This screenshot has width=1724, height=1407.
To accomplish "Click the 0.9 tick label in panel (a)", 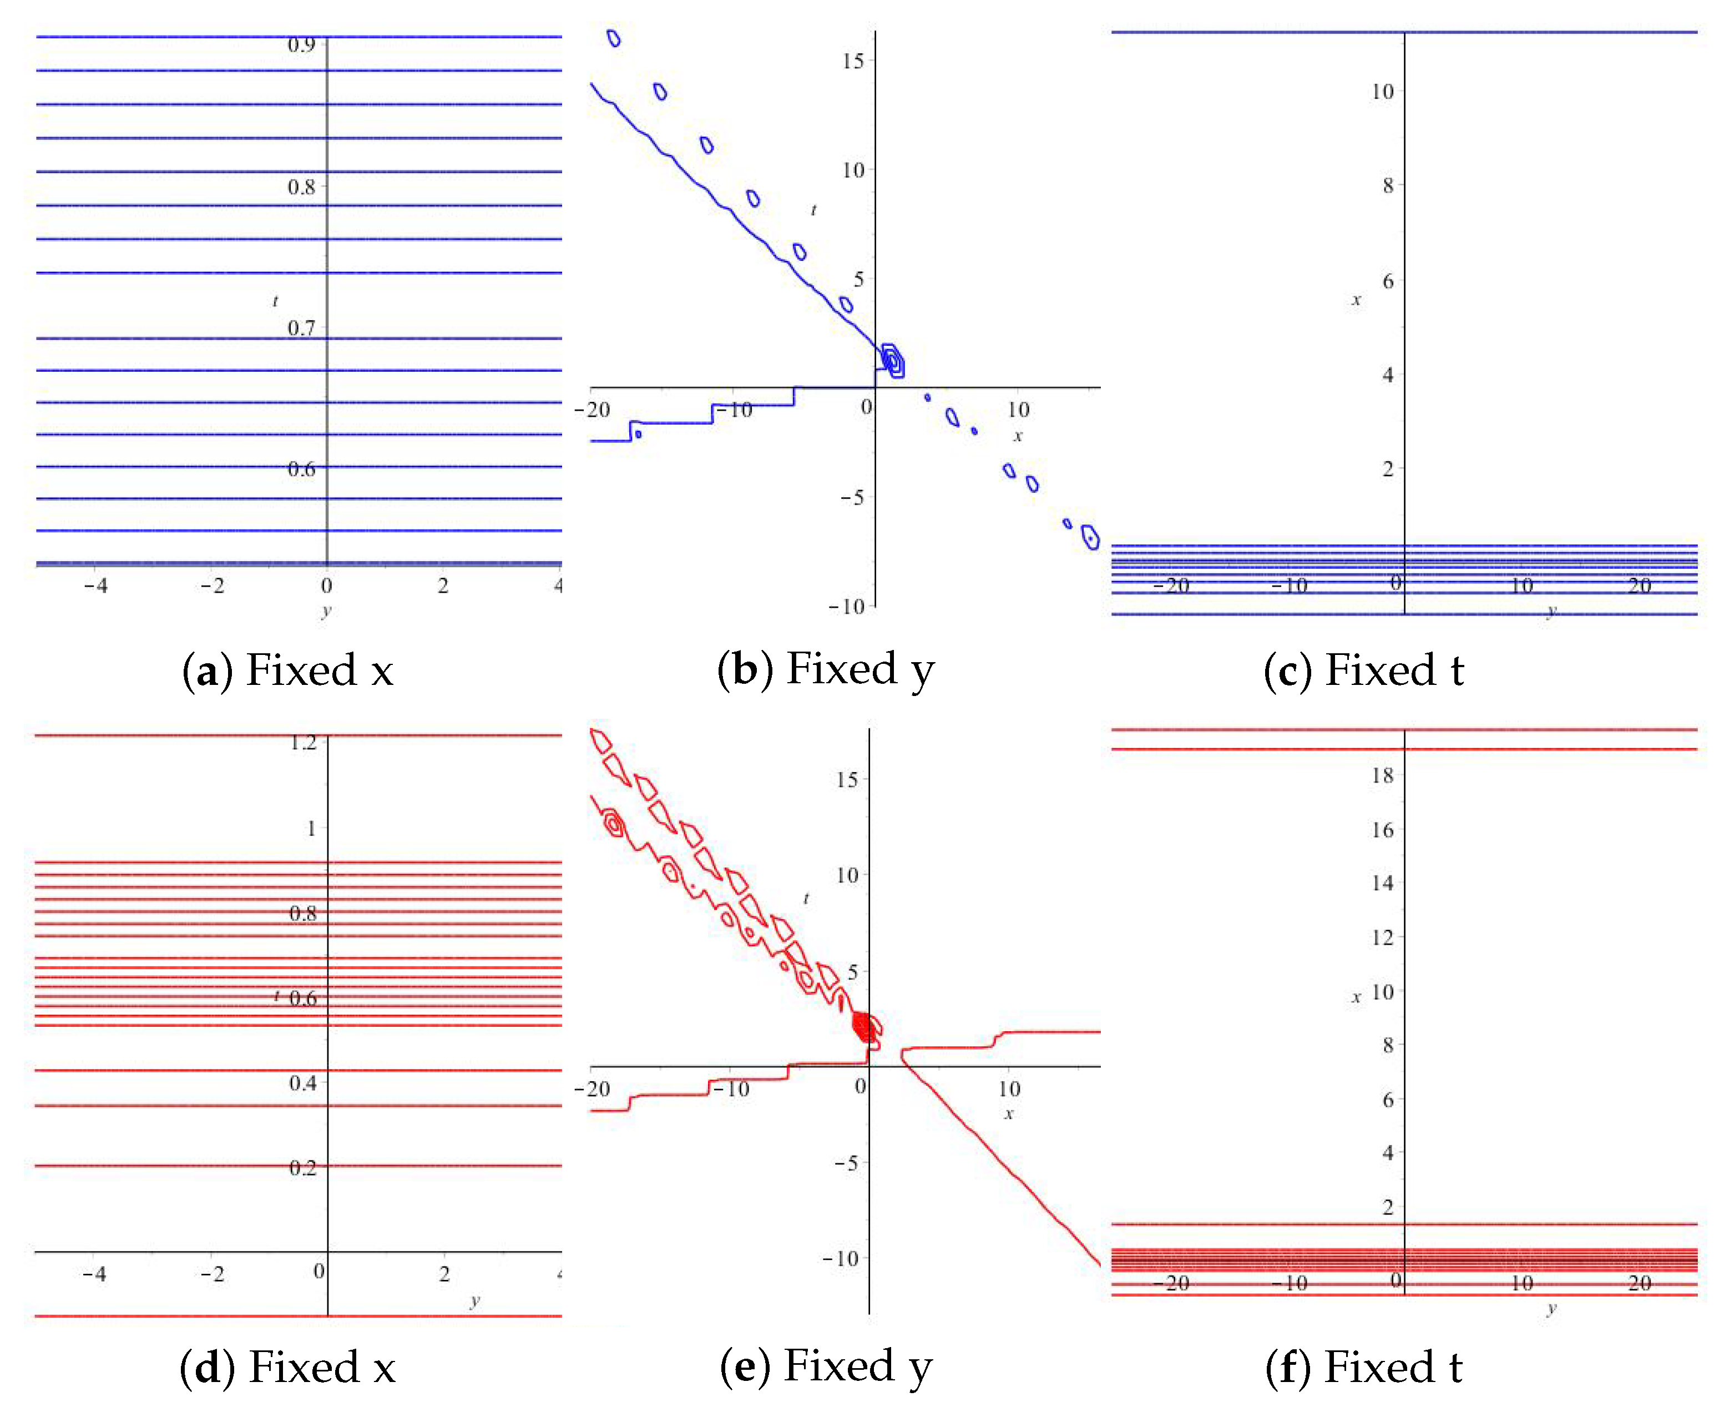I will pyautogui.click(x=301, y=44).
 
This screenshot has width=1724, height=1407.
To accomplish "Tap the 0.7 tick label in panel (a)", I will pyautogui.click(x=301, y=328).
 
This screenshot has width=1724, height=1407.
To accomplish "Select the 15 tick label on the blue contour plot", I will pyautogui.click(x=852, y=61).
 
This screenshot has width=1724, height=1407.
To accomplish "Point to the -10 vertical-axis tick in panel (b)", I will pyautogui.click(x=847, y=606).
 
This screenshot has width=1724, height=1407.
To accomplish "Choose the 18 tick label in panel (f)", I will pyautogui.click(x=1382, y=775).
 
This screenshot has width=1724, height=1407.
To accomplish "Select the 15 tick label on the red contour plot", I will pyautogui.click(x=847, y=780).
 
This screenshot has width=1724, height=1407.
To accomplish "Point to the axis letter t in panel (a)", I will pyautogui.click(x=275, y=301).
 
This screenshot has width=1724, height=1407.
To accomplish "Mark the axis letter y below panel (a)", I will pyautogui.click(x=326, y=611).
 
